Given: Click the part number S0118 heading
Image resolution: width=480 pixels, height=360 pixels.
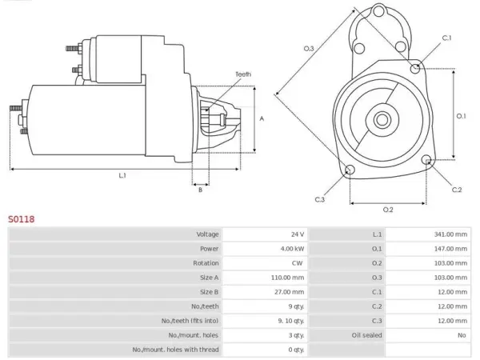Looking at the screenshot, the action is (21, 219).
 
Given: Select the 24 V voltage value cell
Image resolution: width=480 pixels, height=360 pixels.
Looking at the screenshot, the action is (298, 234).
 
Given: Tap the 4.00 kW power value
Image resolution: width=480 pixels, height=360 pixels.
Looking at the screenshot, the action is (292, 249).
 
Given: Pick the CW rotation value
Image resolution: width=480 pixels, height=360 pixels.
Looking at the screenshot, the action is (298, 263).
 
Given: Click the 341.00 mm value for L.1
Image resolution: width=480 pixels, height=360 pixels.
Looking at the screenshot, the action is (450, 234).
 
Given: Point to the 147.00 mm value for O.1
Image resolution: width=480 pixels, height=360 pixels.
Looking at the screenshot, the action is (450, 249).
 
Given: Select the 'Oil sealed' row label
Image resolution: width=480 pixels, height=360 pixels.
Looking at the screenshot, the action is (366, 335).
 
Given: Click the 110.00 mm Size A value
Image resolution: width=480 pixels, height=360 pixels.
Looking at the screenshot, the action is (287, 278).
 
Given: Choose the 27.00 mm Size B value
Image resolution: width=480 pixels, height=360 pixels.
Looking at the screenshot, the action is (290, 292).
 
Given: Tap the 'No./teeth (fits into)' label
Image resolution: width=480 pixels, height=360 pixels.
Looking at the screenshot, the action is (190, 321).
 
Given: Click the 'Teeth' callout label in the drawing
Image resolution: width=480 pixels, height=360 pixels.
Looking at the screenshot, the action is (243, 74).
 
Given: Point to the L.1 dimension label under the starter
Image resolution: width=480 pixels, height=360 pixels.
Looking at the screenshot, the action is (122, 175).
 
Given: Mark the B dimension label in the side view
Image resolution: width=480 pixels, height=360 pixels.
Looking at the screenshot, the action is (200, 190).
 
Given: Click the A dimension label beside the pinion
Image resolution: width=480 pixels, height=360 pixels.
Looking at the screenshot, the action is (262, 118).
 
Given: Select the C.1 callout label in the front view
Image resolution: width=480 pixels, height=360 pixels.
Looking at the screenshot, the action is (446, 38).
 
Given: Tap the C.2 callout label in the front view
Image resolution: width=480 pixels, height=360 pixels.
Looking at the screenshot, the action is (457, 190).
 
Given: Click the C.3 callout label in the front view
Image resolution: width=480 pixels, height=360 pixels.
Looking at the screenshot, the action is (319, 199).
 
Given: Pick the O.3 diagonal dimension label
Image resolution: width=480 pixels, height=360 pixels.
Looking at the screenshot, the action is (309, 48).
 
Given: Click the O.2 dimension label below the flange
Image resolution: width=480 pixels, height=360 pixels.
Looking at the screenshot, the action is (388, 210).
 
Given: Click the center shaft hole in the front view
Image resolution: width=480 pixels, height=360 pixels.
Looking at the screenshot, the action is (382, 120).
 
